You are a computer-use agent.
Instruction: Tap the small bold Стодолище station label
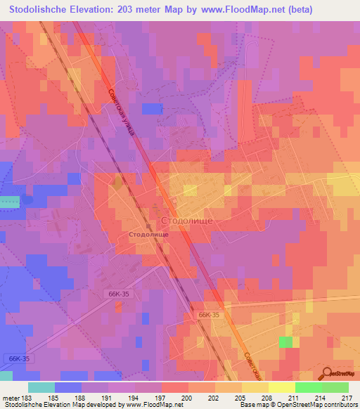click(x=148, y=235)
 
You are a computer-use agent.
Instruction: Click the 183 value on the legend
click(x=26, y=398)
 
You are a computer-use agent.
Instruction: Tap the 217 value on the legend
click(x=347, y=398)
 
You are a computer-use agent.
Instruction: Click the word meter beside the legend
click(x=10, y=398)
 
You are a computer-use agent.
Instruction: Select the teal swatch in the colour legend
click(x=41, y=388)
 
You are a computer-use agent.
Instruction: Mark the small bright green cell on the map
click(x=286, y=342)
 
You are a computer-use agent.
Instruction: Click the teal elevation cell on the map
click(x=9, y=202)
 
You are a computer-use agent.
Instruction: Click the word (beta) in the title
click(x=295, y=9)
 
